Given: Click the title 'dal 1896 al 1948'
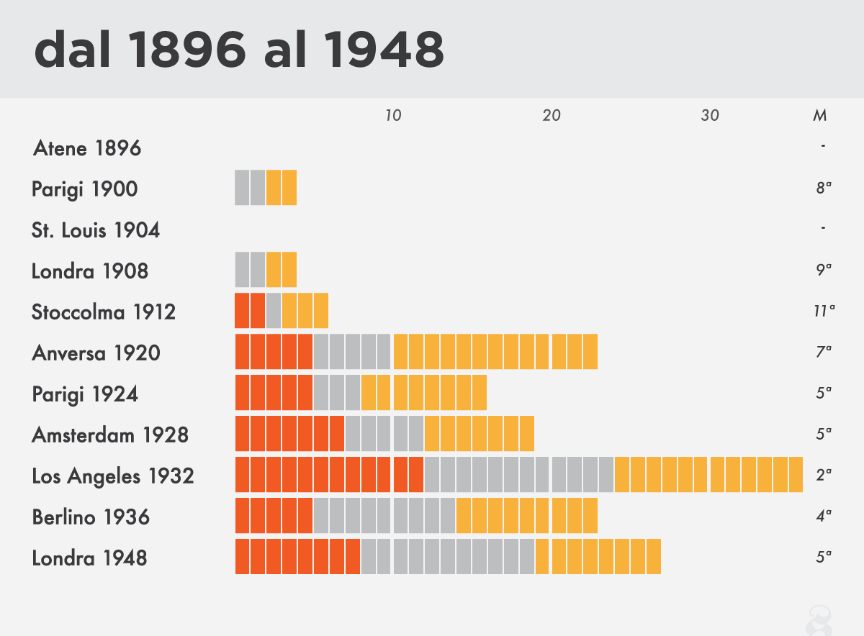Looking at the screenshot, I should (238, 49).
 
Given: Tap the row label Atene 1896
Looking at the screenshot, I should (87, 149).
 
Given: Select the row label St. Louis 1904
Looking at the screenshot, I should (96, 231).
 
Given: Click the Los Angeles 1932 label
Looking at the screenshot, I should (113, 476).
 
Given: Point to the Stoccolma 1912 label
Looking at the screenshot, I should (104, 312).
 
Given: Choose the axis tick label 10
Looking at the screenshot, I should (393, 116).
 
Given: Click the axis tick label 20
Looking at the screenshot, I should (552, 116).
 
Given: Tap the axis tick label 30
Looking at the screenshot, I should (710, 116).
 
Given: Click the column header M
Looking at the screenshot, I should (819, 116).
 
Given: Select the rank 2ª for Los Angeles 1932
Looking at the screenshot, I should (824, 476).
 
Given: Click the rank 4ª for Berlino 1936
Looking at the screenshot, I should (824, 516).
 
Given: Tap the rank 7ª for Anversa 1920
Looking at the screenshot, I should (824, 353).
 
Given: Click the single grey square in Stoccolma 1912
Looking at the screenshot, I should (274, 312).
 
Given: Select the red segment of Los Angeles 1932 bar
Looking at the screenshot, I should (329, 475).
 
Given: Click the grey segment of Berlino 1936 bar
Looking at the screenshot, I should (384, 516).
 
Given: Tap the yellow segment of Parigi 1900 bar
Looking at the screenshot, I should (282, 188).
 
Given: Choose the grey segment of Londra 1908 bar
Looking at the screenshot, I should (250, 271).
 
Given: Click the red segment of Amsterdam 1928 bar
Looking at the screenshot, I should (289, 434).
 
